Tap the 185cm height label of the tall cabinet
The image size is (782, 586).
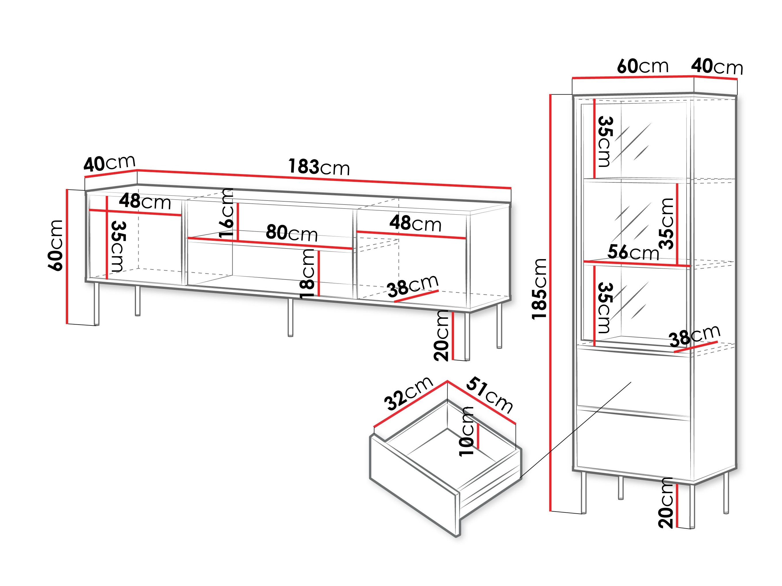pos(540,289)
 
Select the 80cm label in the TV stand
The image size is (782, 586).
pos(292,233)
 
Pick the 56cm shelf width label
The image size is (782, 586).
pos(633,253)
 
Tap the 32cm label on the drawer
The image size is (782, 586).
pos(408,394)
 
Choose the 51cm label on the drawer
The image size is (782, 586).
pos(489,396)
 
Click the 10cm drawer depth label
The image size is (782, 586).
pos(467,431)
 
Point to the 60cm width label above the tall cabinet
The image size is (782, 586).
pos(643,66)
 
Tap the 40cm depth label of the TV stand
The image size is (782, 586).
pos(110,163)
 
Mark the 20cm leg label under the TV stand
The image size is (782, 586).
pos(442,336)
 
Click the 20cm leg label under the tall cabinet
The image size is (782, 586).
pos(666,503)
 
